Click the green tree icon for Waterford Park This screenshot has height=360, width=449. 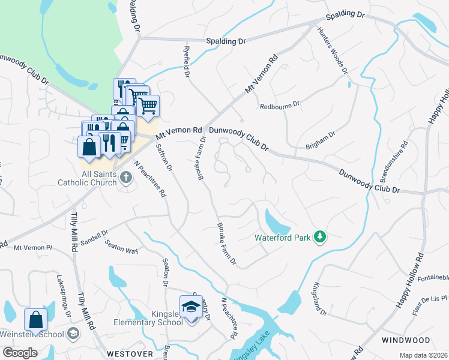click(x=320, y=238)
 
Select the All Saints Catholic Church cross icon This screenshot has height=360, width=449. click(x=125, y=177)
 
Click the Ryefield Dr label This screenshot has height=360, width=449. click(x=187, y=64)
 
